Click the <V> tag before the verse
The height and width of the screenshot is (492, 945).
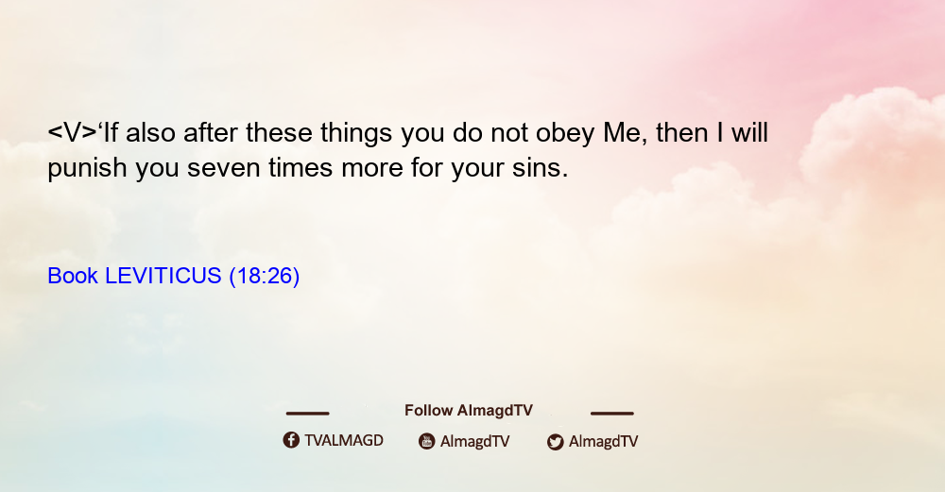pyautogui.click(x=72, y=133)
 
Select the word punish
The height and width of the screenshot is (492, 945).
pyautogui.click(x=87, y=169)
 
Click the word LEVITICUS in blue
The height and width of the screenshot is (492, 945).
pyautogui.click(x=163, y=276)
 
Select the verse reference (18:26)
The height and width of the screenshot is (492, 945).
pyautogui.click(x=264, y=277)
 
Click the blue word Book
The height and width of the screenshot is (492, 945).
pyautogui.click(x=73, y=276)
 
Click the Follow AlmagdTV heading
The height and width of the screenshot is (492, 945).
pyautogui.click(x=469, y=411)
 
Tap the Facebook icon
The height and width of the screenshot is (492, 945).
pyautogui.click(x=291, y=440)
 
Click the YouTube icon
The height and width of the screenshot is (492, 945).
pyautogui.click(x=427, y=441)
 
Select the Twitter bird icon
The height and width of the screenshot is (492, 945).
pyautogui.click(x=555, y=442)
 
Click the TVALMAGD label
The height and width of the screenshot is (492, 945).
pyautogui.click(x=344, y=441)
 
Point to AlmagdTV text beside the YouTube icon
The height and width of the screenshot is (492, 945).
pyautogui.click(x=475, y=442)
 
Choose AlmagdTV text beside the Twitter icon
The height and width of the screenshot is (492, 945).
pyautogui.click(x=603, y=442)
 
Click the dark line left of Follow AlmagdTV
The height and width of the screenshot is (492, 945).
pyautogui.click(x=307, y=414)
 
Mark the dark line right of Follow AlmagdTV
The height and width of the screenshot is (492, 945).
pyautogui.click(x=612, y=414)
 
